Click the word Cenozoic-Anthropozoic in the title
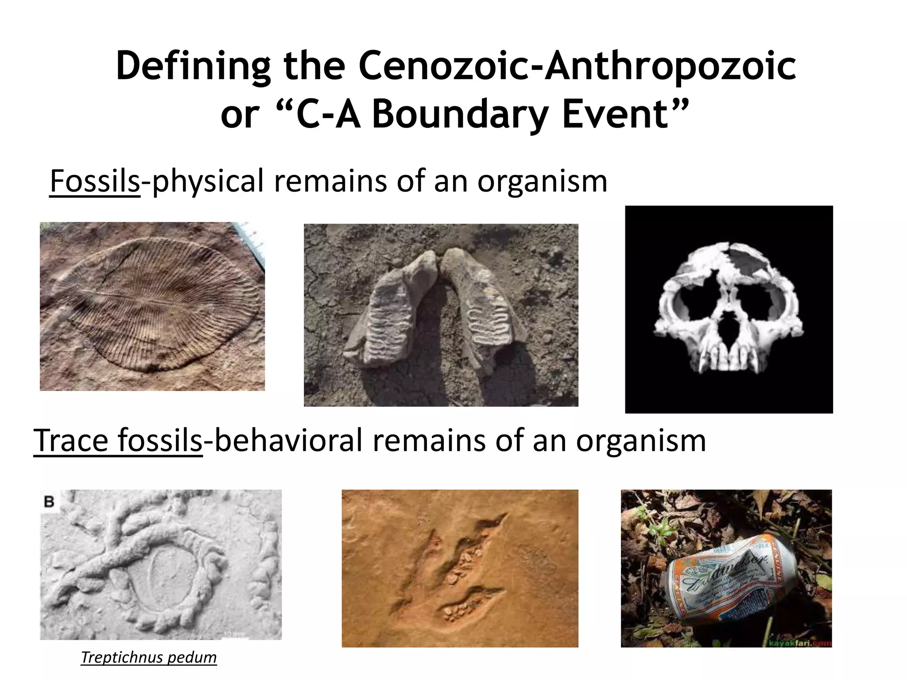point(577,66)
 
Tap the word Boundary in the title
point(460,115)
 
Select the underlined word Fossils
point(95,181)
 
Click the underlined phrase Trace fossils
point(118,441)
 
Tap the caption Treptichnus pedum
point(149,657)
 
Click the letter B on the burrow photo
point(49,502)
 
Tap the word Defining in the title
point(193,66)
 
